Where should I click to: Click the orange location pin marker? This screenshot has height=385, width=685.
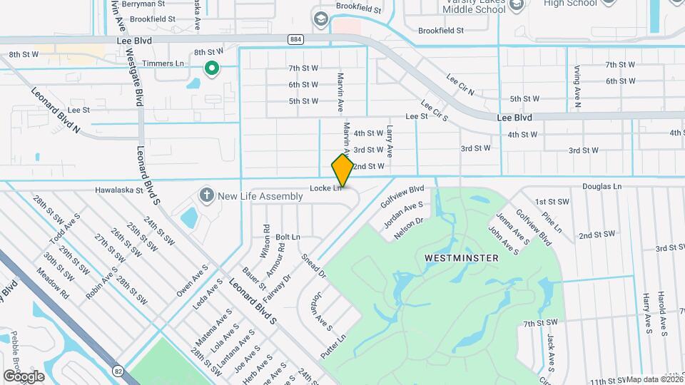343,170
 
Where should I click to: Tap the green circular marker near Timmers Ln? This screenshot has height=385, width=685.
211,68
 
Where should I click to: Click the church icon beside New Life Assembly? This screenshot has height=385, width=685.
207,195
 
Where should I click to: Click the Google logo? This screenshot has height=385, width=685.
24,376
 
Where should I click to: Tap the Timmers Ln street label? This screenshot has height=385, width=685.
163,63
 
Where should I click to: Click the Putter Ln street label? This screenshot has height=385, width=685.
334,346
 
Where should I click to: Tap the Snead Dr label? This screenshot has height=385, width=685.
313,265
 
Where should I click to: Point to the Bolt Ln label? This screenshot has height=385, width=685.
288,237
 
